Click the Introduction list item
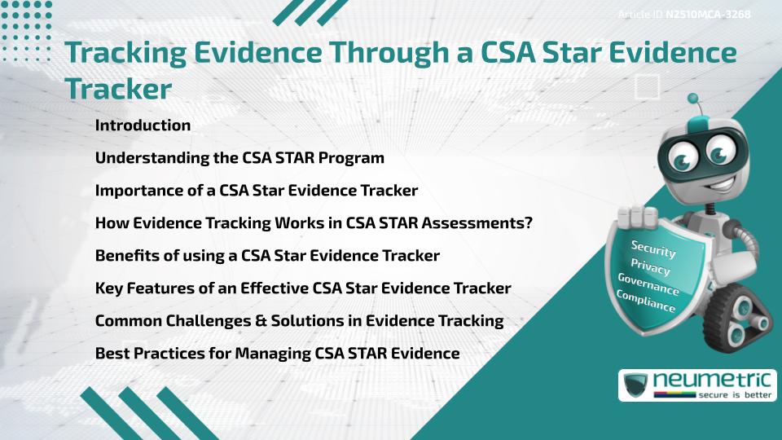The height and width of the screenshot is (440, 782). click(143, 125)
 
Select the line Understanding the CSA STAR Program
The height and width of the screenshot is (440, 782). click(239, 158)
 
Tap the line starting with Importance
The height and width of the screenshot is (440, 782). click(256, 191)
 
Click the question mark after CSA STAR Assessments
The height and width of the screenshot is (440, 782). click(529, 223)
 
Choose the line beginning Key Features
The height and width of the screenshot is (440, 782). click(303, 288)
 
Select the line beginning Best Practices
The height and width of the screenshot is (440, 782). click(277, 354)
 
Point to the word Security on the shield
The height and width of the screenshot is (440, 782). click(653, 250)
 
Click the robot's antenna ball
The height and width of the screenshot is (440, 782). click(693, 99)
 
